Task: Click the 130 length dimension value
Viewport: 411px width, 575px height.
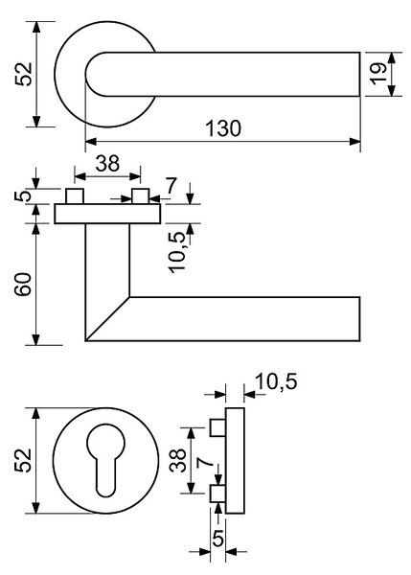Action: (x=223, y=128)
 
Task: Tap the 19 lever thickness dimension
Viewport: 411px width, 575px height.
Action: (x=378, y=74)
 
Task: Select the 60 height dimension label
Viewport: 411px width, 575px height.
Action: (x=23, y=285)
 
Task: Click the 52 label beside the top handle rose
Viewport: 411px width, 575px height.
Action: (x=24, y=74)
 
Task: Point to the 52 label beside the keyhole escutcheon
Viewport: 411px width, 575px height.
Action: (x=23, y=460)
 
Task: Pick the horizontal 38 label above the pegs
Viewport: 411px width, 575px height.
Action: (x=107, y=164)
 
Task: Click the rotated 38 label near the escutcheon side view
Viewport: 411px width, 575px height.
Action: (x=178, y=460)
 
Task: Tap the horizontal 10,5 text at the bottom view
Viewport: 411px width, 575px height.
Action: (x=277, y=382)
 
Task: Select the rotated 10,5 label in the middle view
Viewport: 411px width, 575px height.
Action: (x=178, y=253)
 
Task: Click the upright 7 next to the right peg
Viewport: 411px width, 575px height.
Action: (x=171, y=186)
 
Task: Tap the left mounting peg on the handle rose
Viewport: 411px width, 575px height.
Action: (x=75, y=195)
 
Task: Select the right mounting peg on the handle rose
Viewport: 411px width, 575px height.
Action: (x=141, y=195)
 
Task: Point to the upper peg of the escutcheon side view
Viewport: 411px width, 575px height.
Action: (x=217, y=427)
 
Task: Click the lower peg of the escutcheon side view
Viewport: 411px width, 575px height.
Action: (x=217, y=494)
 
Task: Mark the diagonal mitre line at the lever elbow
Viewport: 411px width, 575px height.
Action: (x=107, y=319)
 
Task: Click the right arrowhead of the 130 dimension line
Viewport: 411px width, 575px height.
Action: (x=354, y=142)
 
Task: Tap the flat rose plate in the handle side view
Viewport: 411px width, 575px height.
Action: (x=107, y=214)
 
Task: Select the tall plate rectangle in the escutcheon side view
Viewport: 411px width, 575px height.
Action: (x=235, y=461)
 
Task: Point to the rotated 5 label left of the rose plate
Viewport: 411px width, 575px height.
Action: (x=23, y=196)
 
